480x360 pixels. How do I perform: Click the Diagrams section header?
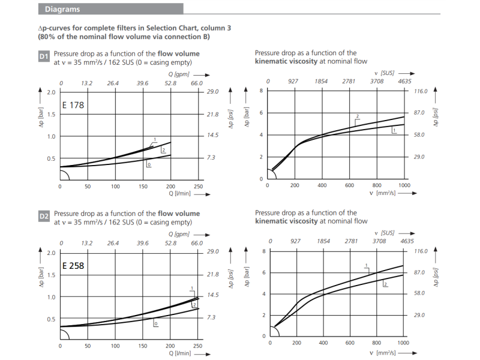[62, 9]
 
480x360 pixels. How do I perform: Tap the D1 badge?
[43, 56]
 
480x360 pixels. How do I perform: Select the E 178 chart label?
[73, 105]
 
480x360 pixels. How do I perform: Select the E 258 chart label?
[73, 265]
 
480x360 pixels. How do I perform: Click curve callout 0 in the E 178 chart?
[149, 164]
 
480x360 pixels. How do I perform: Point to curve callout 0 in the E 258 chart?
[155, 324]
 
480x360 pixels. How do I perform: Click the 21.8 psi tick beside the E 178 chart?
[213, 114]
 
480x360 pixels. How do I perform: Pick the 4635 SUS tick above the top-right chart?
[404, 81]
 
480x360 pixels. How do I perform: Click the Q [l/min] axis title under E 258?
[180, 353]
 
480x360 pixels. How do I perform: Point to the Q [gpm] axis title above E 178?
[179, 74]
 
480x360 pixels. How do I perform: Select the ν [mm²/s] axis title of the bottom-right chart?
[382, 353]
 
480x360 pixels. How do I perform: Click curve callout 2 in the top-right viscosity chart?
[357, 116]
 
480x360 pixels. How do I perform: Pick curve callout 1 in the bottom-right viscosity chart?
[366, 265]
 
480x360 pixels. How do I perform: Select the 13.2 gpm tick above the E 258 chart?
[86, 243]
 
